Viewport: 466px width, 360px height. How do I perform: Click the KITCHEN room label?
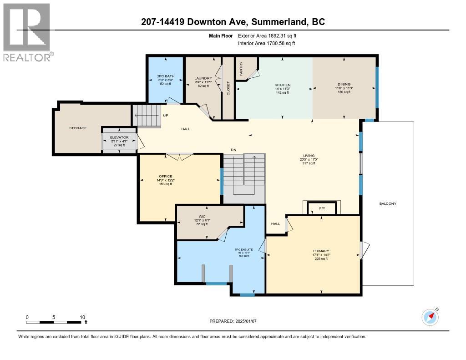pos(282,85)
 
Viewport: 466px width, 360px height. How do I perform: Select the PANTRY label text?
pos(241,69)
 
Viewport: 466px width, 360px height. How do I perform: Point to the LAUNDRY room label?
pos(203,78)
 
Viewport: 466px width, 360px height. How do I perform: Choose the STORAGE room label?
pos(78,128)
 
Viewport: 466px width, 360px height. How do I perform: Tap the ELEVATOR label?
pos(119,137)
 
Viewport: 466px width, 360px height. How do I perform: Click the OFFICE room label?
pos(165,176)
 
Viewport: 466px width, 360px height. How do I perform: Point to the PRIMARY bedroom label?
pos(321,251)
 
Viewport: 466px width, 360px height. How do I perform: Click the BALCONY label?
pos(388,203)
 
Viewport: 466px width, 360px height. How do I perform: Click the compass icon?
pos(430,316)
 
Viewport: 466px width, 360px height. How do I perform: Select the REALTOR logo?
pos(27,32)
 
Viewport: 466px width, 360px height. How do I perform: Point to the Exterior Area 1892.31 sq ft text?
pos(267,35)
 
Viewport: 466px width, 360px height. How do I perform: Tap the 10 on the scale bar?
pos(82,317)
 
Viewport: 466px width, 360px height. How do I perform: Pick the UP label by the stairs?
pos(166,116)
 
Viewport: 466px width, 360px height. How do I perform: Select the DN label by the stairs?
pos(233,150)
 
